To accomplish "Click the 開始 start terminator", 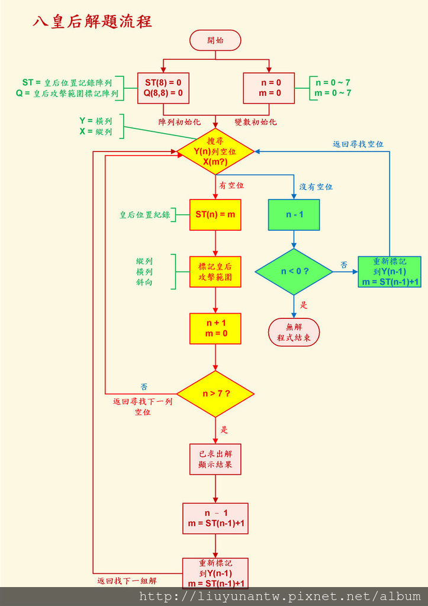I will (x=215, y=40).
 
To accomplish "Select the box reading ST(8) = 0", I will (x=163, y=88).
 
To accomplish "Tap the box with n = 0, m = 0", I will (x=269, y=88).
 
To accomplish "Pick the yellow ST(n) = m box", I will (x=215, y=214).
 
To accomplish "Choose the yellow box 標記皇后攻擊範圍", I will (x=215, y=272).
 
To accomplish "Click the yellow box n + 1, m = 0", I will (x=215, y=328).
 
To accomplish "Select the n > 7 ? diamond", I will (x=215, y=394).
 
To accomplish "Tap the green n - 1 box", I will (x=294, y=214).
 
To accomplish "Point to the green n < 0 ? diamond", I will (x=294, y=272).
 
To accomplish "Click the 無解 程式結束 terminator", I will (x=294, y=333).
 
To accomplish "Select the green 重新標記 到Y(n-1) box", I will (x=389, y=272).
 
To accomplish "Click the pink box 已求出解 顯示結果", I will (x=215, y=459).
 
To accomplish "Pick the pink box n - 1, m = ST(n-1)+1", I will (x=215, y=518).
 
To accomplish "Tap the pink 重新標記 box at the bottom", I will (x=215, y=573).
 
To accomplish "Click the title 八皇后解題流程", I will (x=92, y=22).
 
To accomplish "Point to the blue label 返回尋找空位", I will (x=358, y=144).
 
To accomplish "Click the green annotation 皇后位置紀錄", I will (x=144, y=215).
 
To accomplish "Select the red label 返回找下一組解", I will (x=127, y=581).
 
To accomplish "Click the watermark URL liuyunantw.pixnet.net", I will (x=280, y=597).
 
